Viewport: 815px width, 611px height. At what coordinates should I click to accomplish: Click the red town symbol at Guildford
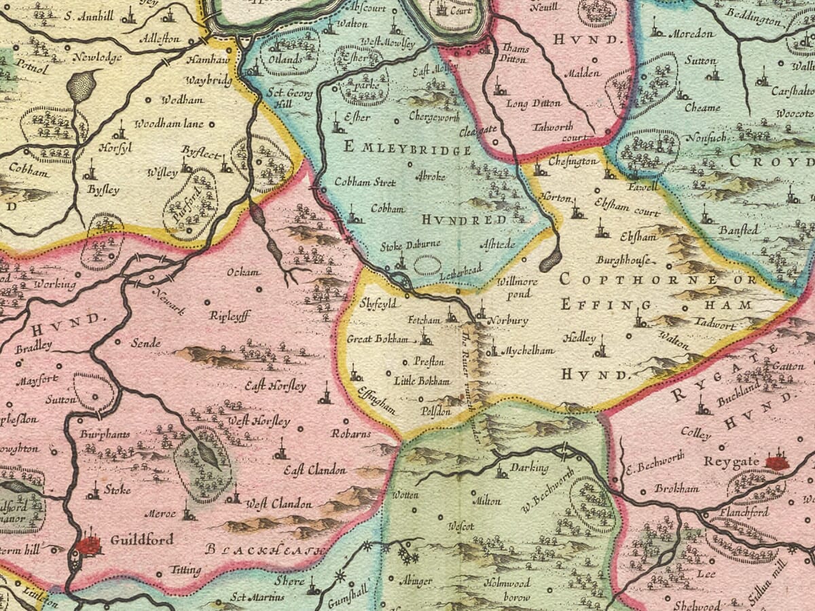point(88,544)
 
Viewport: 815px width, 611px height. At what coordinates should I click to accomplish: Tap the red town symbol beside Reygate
point(777,462)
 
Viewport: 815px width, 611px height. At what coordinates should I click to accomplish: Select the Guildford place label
point(141,540)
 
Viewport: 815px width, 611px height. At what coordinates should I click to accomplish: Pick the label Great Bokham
point(378,339)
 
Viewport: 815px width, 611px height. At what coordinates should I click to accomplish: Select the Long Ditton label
point(534,103)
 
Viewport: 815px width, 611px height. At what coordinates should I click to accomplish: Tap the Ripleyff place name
point(230,316)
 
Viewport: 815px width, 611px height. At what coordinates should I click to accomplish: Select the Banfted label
point(740,230)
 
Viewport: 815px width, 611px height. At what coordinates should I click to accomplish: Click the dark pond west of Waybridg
point(81,87)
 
